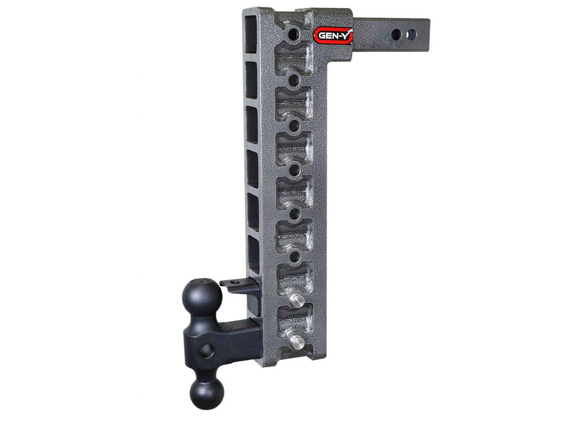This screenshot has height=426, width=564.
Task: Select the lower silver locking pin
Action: (297, 341)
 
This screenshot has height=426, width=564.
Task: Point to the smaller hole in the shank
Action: (411, 34)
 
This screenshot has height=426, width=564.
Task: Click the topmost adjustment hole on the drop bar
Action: (294, 33)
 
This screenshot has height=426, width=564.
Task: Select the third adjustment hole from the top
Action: (295, 125)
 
